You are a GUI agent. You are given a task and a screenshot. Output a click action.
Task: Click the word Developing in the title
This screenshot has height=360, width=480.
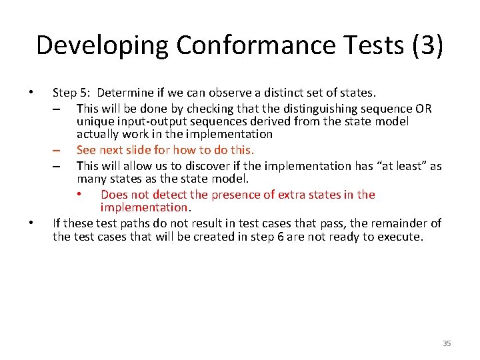(103, 45)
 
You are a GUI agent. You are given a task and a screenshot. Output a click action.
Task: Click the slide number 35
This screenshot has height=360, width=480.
(447, 343)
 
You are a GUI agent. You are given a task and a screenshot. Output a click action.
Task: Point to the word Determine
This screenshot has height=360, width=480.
(124, 93)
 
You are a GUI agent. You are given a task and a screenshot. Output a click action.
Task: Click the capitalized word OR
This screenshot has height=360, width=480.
(423, 108)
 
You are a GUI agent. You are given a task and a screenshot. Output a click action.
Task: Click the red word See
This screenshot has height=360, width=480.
(87, 150)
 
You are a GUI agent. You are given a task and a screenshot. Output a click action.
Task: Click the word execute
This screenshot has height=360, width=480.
(399, 237)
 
